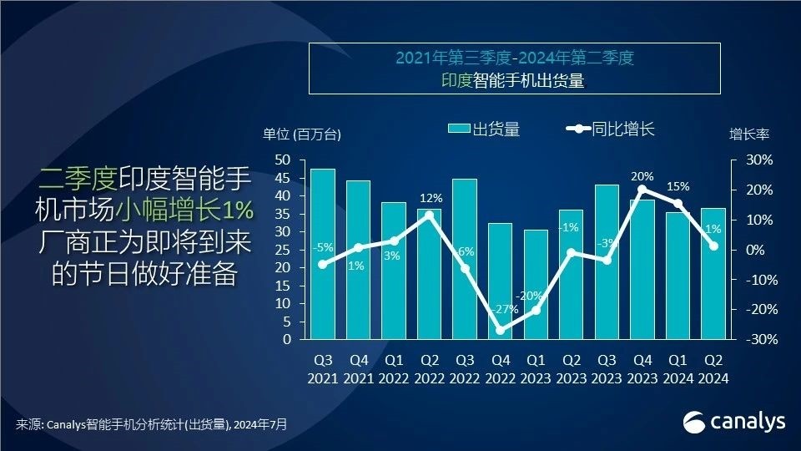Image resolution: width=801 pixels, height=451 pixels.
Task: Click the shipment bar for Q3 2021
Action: point(322,254)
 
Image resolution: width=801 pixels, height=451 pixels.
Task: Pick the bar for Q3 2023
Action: point(607,262)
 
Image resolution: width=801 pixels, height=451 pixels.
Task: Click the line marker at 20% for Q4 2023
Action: point(642,190)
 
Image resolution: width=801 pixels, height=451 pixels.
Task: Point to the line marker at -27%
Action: point(500,330)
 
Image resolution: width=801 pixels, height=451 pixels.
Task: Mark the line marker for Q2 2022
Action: point(429,215)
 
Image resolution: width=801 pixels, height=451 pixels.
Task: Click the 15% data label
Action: point(677,186)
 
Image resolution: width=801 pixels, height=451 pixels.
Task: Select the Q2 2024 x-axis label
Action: point(713,368)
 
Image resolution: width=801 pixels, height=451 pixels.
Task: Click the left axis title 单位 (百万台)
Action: point(302,134)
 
